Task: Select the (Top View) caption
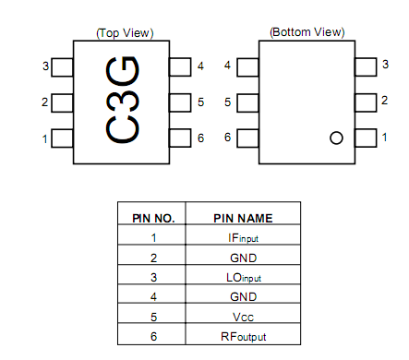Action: [125, 33]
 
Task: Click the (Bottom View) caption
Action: [306, 31]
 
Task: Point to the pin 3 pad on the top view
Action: [63, 66]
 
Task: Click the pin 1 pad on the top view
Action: [63, 138]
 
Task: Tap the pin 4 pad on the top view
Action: [178, 66]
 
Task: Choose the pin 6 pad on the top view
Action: [178, 138]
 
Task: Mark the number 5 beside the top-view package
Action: [200, 102]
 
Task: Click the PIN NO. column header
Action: [152, 219]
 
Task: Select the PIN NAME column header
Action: [243, 219]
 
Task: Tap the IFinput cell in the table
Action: [244, 238]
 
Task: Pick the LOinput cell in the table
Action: [244, 278]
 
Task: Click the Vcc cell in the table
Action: [244, 317]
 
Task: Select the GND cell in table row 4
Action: [244, 297]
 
